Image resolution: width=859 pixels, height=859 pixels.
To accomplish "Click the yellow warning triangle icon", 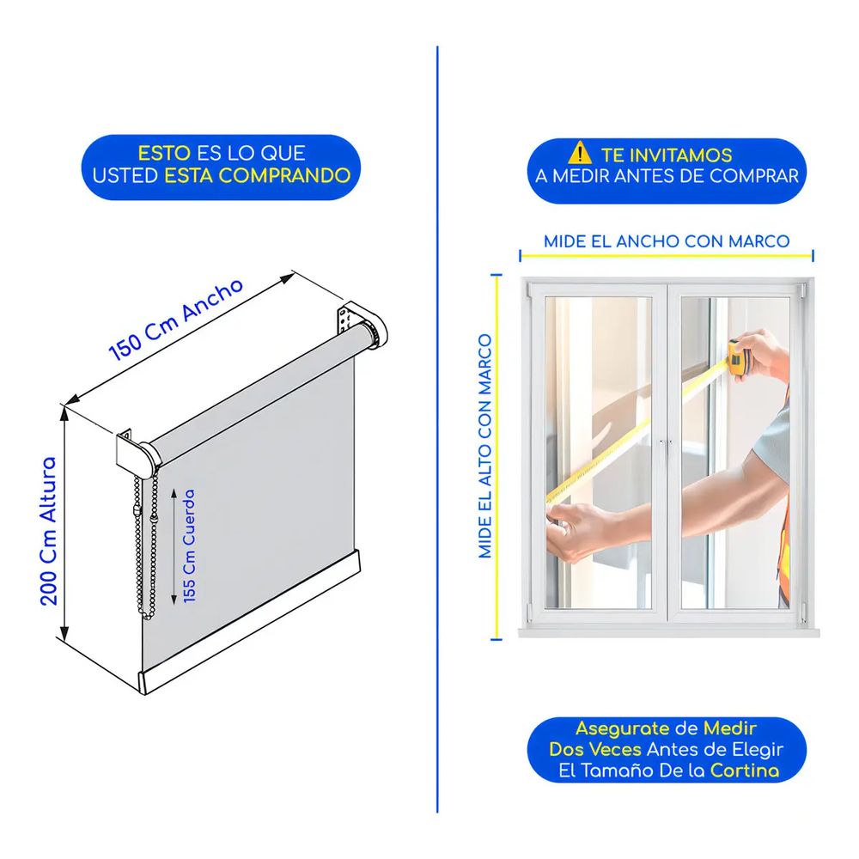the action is click(x=580, y=153).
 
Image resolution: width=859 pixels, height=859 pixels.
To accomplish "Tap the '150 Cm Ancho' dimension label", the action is click(x=176, y=320).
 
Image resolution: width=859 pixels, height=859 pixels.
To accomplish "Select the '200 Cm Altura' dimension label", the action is click(x=49, y=531).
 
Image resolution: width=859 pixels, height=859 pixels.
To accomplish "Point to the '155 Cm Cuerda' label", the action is click(x=189, y=546).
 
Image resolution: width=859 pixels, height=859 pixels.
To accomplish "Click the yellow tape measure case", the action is click(x=737, y=358).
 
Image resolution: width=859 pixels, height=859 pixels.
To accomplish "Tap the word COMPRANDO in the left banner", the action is click(x=284, y=175).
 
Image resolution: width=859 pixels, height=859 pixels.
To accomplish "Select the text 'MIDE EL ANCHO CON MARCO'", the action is click(x=667, y=241).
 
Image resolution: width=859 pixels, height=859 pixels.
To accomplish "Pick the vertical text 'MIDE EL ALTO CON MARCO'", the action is click(x=485, y=447).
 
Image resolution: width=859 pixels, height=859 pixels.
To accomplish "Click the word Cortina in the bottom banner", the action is click(x=745, y=771).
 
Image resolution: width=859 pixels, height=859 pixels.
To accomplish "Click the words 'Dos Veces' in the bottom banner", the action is click(x=595, y=749).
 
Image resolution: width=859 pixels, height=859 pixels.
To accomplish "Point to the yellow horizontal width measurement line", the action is click(x=667, y=255).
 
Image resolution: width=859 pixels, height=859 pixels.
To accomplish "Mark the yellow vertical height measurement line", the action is click(x=497, y=456).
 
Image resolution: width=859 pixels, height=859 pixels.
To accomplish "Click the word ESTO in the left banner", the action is click(x=164, y=153).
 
